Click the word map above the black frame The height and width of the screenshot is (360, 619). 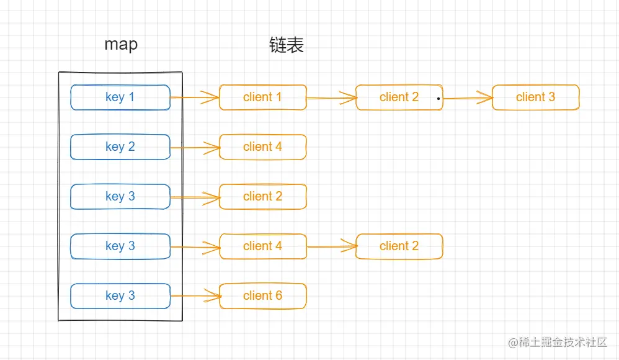[x=121, y=45]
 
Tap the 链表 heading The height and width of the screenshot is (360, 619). [x=287, y=45]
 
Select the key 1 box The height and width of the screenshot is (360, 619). [x=120, y=97]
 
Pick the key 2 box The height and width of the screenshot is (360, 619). [x=120, y=147]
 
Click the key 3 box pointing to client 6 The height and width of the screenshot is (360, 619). [x=120, y=296]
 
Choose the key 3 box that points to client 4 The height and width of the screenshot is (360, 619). [x=120, y=246]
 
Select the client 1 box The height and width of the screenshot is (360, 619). [x=263, y=97]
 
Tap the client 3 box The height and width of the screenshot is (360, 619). [x=535, y=97]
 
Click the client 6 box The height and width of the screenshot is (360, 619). [x=263, y=296]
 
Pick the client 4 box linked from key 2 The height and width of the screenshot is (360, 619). [x=263, y=147]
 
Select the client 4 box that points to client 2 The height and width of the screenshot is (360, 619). [x=263, y=246]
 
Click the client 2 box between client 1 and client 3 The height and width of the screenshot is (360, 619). [x=399, y=97]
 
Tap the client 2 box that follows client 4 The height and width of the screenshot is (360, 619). [x=399, y=246]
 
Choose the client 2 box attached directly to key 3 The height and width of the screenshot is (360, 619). [x=263, y=197]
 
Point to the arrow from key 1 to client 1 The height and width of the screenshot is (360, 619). [x=195, y=97]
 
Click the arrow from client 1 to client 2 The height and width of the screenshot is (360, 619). [x=331, y=97]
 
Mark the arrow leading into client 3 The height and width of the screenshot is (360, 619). [x=468, y=97]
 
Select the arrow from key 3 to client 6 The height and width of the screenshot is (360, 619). [x=195, y=297]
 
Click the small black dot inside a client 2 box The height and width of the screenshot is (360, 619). [x=438, y=99]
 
